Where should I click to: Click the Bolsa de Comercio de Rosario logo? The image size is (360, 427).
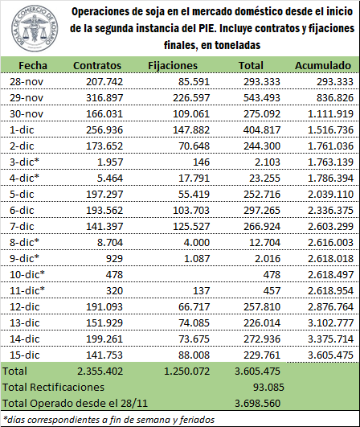click(x=35, y=29)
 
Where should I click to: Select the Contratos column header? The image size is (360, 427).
click(x=97, y=66)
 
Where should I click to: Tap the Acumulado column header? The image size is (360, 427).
click(x=323, y=66)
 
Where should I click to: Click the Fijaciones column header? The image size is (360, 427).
click(x=173, y=66)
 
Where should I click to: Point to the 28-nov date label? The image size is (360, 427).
click(x=27, y=82)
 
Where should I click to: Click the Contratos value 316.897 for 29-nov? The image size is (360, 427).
click(x=104, y=98)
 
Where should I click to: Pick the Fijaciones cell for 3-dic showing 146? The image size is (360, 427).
click(x=202, y=162)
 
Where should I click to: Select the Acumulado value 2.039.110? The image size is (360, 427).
click(x=330, y=194)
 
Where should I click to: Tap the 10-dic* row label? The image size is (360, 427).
click(x=27, y=274)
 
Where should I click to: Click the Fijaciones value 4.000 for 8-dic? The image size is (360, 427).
click(x=196, y=242)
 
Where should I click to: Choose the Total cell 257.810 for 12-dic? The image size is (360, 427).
click(x=262, y=306)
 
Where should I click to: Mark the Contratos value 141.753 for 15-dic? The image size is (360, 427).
click(x=104, y=355)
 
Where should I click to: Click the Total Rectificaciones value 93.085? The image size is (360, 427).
click(x=268, y=387)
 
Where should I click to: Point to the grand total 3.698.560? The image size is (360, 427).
click(x=257, y=403)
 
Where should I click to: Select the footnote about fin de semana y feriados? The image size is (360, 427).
click(x=108, y=420)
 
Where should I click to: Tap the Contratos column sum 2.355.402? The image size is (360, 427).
click(x=100, y=371)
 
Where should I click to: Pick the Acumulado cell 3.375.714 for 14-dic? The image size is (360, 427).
click(x=330, y=339)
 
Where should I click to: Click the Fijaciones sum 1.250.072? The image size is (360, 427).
click(x=187, y=371)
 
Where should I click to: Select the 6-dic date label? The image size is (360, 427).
click(x=22, y=210)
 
